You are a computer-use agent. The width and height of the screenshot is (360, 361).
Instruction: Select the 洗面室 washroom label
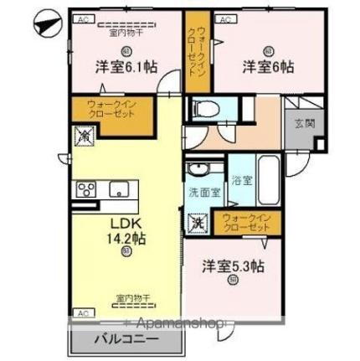203,192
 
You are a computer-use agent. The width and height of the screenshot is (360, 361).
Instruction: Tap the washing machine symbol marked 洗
199,224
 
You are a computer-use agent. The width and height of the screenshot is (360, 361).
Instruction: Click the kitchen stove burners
86,190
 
